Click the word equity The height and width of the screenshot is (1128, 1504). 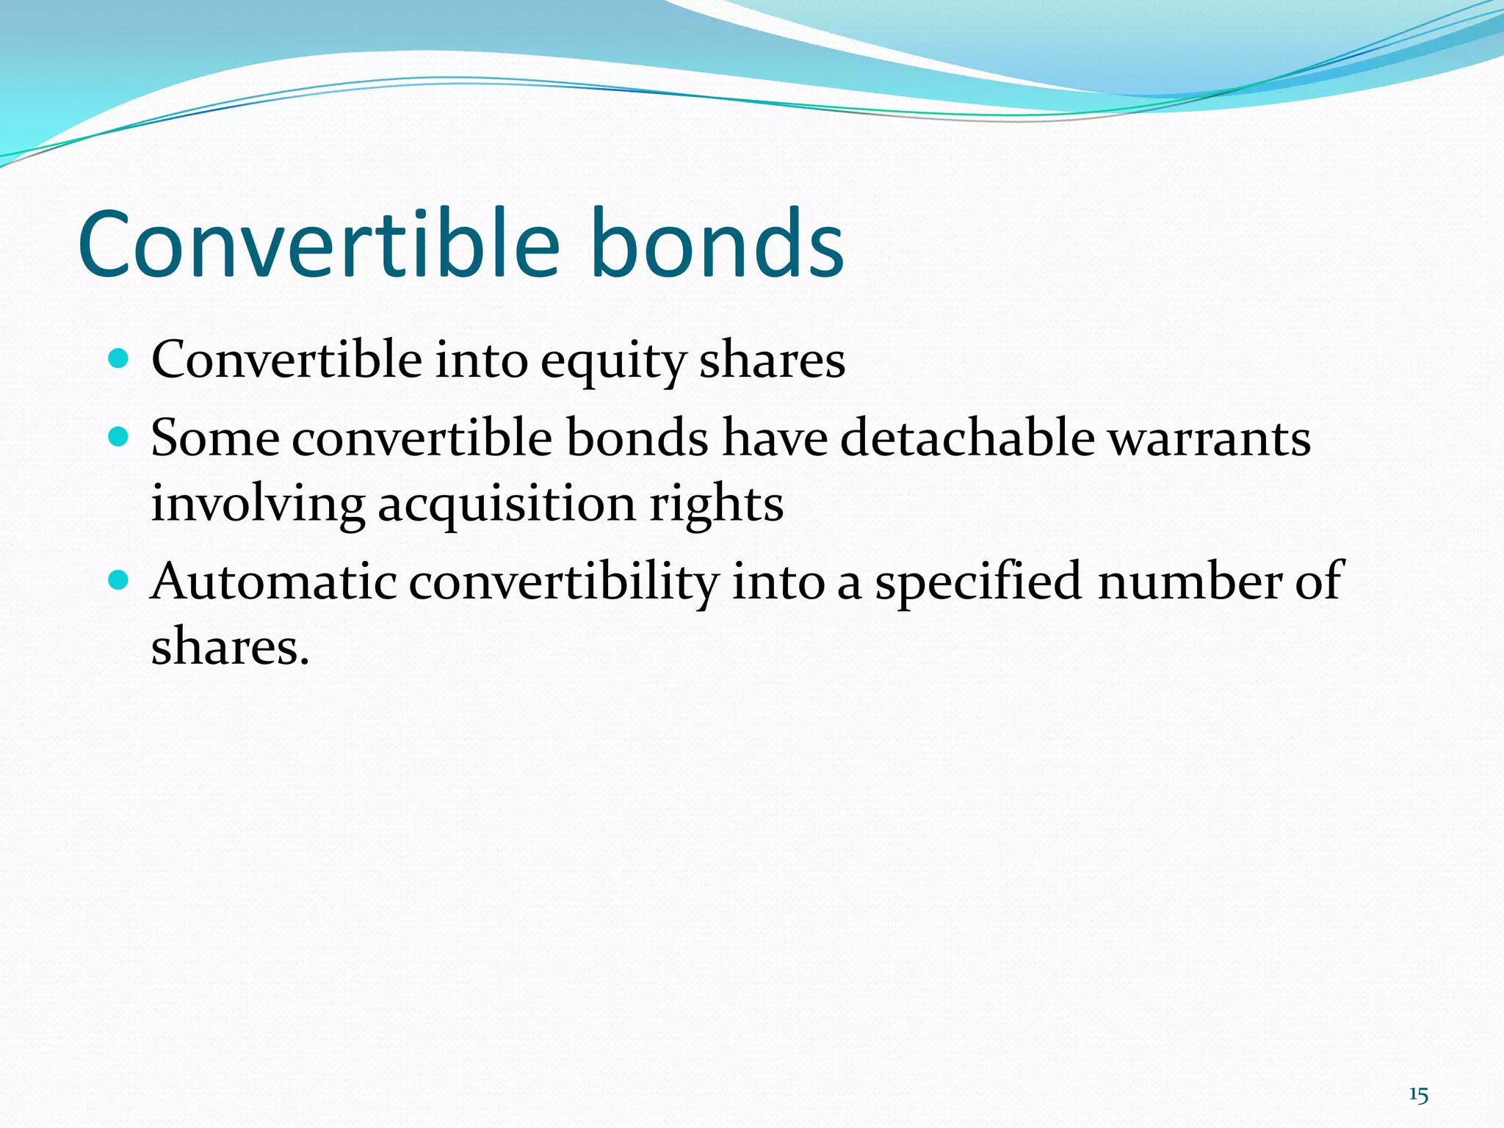[612, 361]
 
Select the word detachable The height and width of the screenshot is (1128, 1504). [967, 438]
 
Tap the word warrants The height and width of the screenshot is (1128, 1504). [1209, 438]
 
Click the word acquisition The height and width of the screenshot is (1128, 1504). [507, 505]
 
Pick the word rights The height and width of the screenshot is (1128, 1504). [716, 505]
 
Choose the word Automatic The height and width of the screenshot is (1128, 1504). [273, 582]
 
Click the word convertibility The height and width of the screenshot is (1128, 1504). [563, 582]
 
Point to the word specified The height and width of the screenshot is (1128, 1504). [977, 582]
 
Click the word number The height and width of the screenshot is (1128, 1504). [1189, 582]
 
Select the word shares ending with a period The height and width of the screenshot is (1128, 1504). [230, 648]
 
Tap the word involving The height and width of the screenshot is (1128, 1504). [258, 505]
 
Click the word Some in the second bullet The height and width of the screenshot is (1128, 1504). [214, 438]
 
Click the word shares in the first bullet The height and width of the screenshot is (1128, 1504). [772, 361]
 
